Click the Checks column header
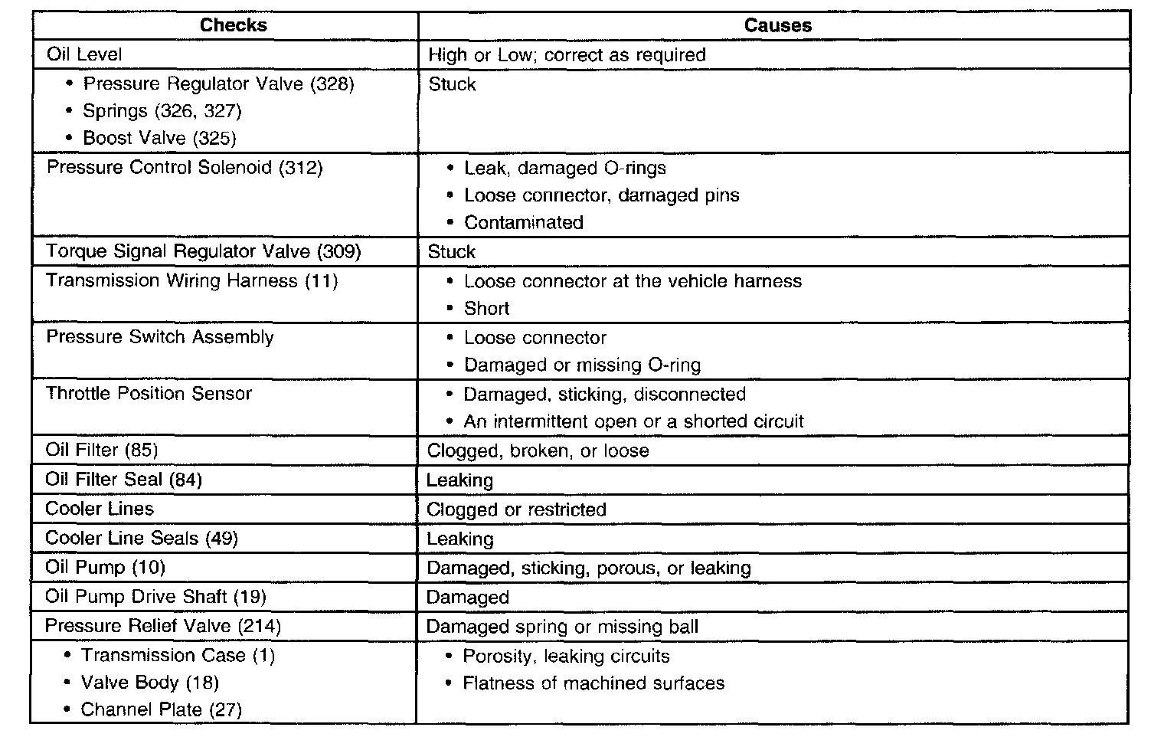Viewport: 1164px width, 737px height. click(233, 25)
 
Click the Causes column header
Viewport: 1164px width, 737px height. click(777, 25)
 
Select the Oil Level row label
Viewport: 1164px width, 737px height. click(83, 54)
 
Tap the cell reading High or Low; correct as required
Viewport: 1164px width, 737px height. click(567, 55)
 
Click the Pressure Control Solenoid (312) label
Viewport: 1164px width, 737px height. click(185, 168)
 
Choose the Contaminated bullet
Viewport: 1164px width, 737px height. click(524, 223)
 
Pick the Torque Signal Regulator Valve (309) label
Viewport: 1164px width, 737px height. click(203, 251)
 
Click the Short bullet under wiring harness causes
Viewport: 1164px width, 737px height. click(486, 309)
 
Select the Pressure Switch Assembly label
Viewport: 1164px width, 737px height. click(159, 337)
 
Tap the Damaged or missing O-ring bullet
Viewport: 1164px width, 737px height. click(582, 365)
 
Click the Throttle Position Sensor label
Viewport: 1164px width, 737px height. click(149, 394)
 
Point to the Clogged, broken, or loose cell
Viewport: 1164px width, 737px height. click(538, 451)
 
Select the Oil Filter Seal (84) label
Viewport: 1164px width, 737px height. click(123, 480)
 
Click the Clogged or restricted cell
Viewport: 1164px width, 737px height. click(516, 510)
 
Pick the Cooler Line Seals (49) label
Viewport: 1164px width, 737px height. click(142, 539)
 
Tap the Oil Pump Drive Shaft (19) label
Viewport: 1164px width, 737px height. click(155, 597)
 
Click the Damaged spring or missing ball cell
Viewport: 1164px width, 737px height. click(562, 627)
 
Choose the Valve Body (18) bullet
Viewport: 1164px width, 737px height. click(150, 683)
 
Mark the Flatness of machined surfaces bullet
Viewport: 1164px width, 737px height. click(593, 683)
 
